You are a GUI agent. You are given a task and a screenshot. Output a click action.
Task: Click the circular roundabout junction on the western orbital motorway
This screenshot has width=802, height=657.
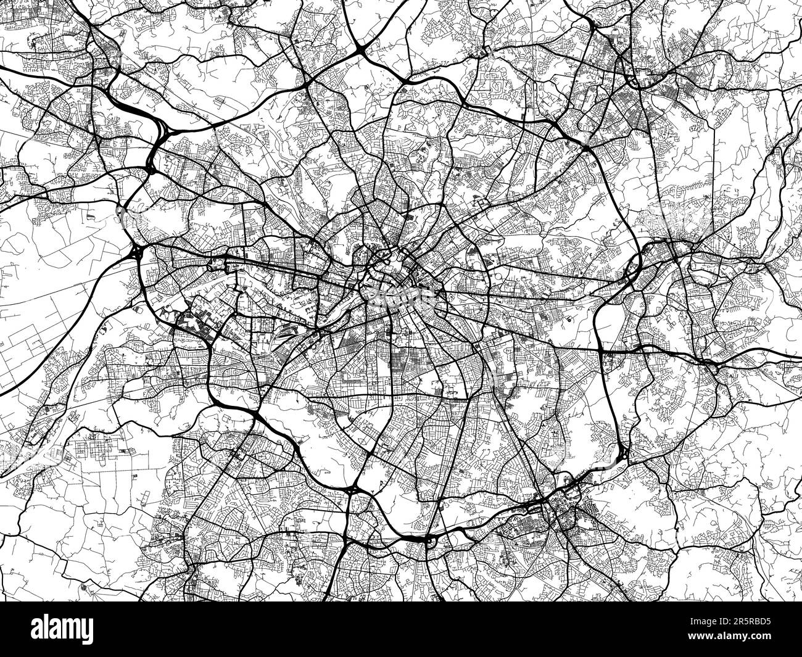[x=136, y=252]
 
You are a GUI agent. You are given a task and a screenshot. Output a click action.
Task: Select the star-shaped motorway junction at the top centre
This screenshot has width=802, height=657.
[x=360, y=49]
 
